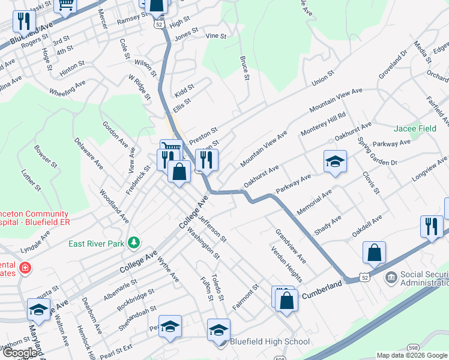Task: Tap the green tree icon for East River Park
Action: [135, 243]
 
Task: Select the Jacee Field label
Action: [415, 128]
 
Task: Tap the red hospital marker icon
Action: [25, 267]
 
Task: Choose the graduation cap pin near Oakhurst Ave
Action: [335, 161]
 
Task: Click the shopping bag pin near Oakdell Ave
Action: [374, 253]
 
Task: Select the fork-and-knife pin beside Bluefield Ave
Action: [24, 22]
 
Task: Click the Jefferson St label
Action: [212, 229]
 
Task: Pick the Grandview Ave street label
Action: [291, 246]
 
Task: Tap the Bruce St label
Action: [244, 68]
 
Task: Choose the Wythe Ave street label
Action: [169, 269]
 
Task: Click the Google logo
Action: [19, 353]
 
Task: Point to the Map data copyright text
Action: [411, 355]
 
